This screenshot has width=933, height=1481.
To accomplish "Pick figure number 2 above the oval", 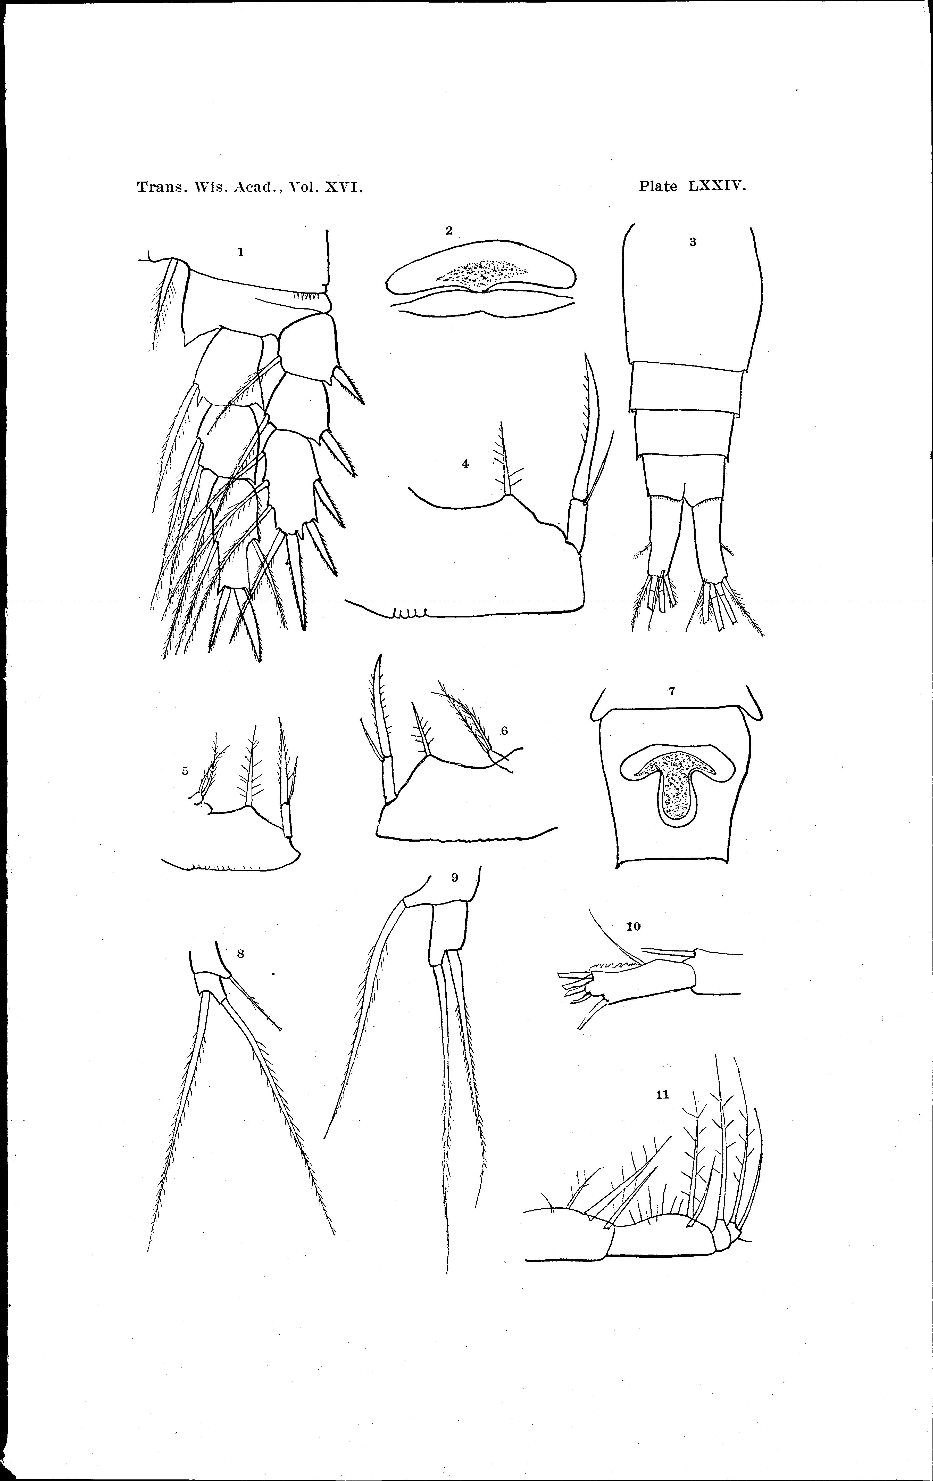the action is (449, 231).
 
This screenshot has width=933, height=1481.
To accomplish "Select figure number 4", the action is (466, 465).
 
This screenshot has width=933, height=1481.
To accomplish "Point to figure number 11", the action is (663, 1094).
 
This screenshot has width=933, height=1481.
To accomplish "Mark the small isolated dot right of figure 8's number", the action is (272, 974).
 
